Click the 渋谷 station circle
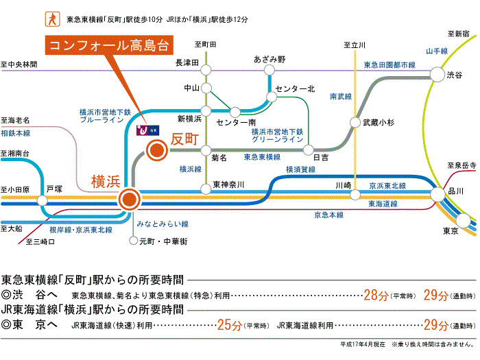pyautogui.click(x=436, y=74)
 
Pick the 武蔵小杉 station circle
pyautogui.click(x=355, y=123)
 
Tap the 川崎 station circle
pyautogui.click(x=355, y=194)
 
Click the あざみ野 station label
pyautogui.click(x=269, y=60)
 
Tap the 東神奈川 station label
pyautogui.click(x=228, y=184)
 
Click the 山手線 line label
pyautogui.click(x=436, y=51)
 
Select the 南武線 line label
pyautogui.click(x=341, y=96)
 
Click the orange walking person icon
pyautogui.click(x=50, y=17)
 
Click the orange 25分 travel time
pyautogui.click(x=229, y=324)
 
